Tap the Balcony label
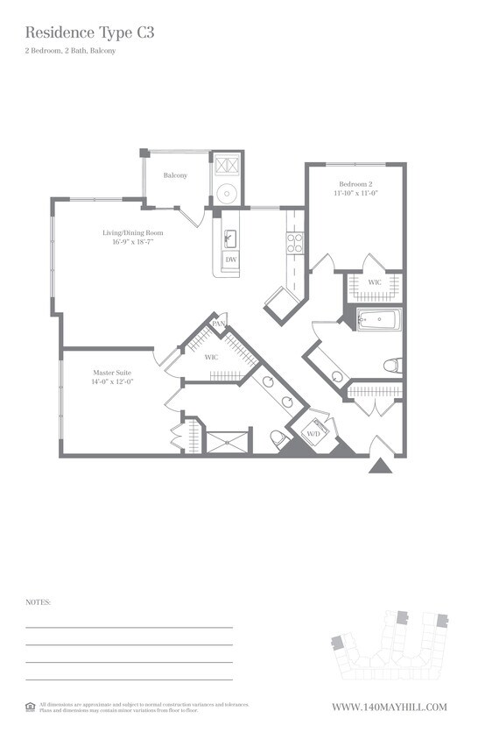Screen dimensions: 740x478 pyautogui.click(x=175, y=175)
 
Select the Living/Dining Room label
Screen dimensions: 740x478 pyautogui.click(x=133, y=232)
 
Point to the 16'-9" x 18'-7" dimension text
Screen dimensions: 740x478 pyautogui.click(x=133, y=242)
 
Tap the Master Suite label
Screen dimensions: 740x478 pyautogui.click(x=111, y=372)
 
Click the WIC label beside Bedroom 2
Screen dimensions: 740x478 pyautogui.click(x=374, y=282)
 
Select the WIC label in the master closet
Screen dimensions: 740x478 pyautogui.click(x=210, y=358)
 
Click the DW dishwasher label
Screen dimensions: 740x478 pyautogui.click(x=230, y=260)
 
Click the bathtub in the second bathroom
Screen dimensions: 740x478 pyautogui.click(x=379, y=320)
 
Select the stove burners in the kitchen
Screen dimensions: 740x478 pyautogui.click(x=295, y=242)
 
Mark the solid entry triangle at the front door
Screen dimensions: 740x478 pyautogui.click(x=380, y=465)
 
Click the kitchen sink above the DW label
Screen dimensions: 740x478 pyautogui.click(x=230, y=238)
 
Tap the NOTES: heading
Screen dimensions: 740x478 pyautogui.click(x=39, y=602)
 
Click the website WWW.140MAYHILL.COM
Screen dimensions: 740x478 pyautogui.click(x=390, y=707)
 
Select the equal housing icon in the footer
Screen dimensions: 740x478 pyautogui.click(x=31, y=706)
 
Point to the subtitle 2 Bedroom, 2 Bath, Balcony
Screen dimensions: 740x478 pyautogui.click(x=71, y=51)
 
